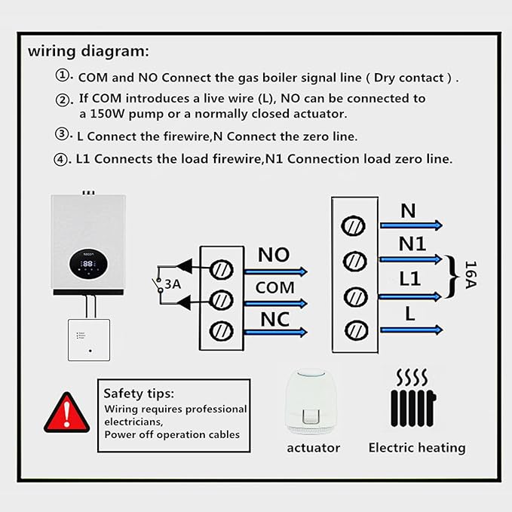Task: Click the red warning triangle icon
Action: coord(66,413)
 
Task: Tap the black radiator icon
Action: coord(413,398)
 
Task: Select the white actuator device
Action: coord(311,402)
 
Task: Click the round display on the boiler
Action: coord(88,264)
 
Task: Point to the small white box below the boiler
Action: coord(89,340)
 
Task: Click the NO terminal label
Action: coord(274,255)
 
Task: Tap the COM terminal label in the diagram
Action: coord(275,288)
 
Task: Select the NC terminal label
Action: coord(275,320)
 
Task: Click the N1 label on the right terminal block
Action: coord(412,244)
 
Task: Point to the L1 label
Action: coord(410,279)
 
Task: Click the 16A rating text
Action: coord(471,274)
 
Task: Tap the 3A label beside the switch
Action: coord(173,284)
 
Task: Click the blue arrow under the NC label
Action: coord(276,333)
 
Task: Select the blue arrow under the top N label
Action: coord(412,225)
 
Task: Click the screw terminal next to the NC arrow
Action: coord(221,331)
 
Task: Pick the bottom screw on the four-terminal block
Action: coord(356,330)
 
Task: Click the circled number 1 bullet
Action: coord(62,75)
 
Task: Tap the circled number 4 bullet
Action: coord(60,160)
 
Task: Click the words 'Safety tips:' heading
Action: coord(139,394)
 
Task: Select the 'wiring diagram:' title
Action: coord(88,51)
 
